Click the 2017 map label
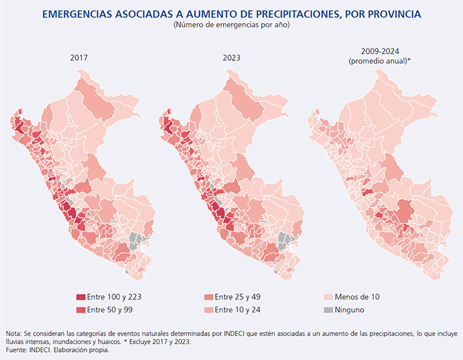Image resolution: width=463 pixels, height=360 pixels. (79, 58)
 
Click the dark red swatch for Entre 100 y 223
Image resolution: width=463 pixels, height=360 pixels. (80, 297)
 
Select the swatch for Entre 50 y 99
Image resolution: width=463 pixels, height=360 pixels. (80, 310)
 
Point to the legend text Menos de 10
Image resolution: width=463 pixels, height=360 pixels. (359, 297)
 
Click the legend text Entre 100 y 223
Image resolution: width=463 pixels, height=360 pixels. (115, 297)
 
